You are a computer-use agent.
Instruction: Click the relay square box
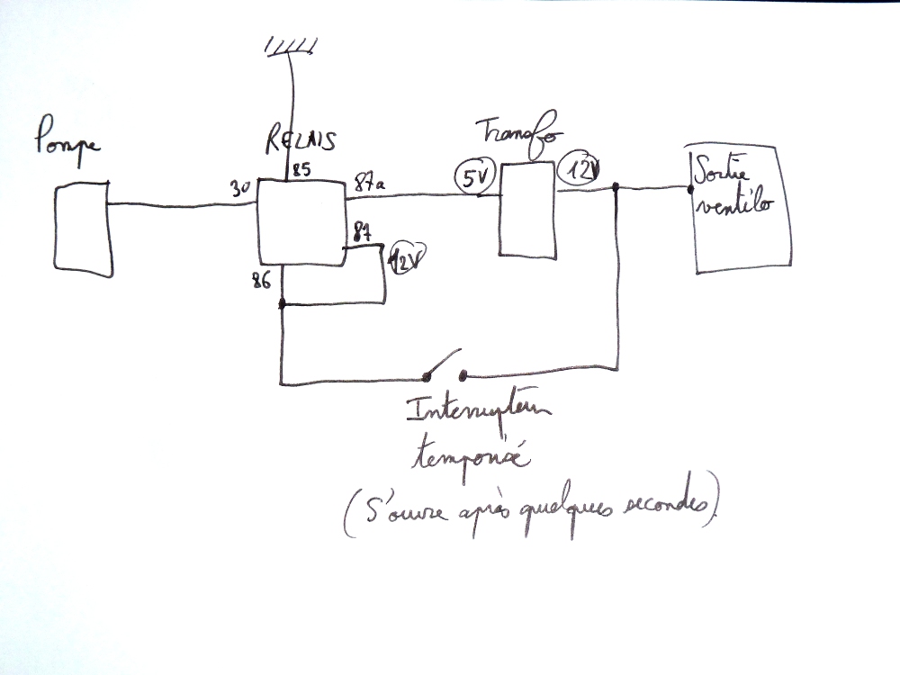(x=301, y=221)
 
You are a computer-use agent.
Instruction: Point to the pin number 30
(x=238, y=190)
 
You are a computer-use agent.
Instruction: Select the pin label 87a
(x=368, y=183)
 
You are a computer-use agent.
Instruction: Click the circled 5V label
(x=472, y=176)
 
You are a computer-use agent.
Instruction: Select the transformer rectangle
(x=527, y=210)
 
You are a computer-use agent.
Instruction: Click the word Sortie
(x=720, y=169)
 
